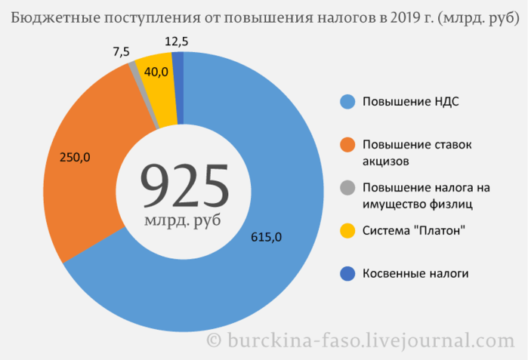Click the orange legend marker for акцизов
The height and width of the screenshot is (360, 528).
[347, 143]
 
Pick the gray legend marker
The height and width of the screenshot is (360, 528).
[347, 187]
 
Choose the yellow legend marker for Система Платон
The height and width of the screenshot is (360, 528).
[347, 230]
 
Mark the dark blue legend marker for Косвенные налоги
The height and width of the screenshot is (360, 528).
[347, 273]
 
